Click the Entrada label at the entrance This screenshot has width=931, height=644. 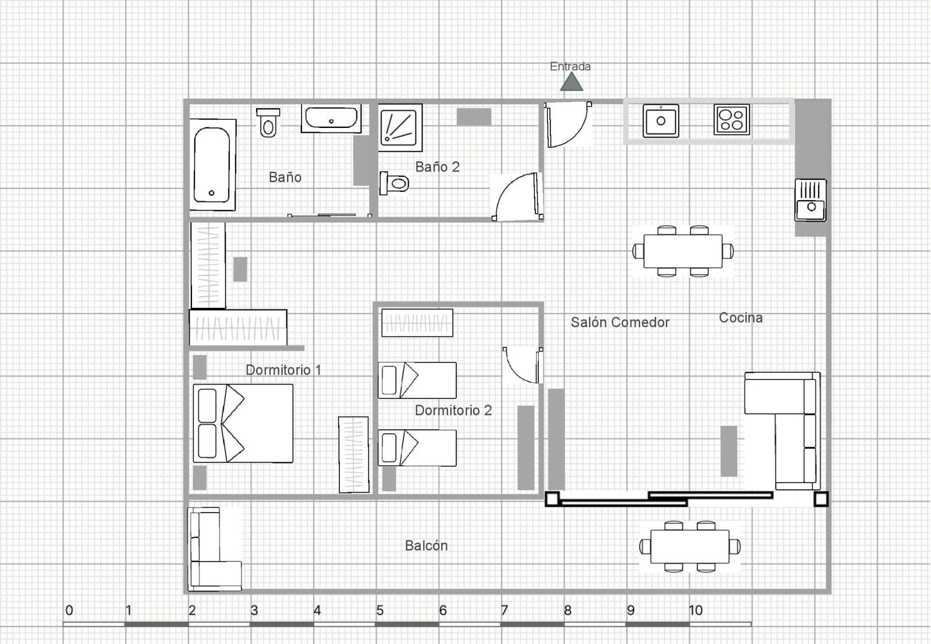(x=570, y=66)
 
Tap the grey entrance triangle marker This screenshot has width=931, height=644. (x=571, y=81)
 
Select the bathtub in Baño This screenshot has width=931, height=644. (x=212, y=165)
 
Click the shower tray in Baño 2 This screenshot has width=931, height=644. (x=400, y=127)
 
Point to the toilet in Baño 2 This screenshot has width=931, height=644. (x=394, y=183)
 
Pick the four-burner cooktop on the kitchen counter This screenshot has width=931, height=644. (x=731, y=120)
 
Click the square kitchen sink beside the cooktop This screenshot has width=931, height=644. (x=661, y=121)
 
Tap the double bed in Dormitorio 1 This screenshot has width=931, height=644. (x=243, y=423)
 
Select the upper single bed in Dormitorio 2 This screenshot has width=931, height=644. (x=417, y=380)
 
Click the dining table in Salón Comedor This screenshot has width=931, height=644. (x=683, y=251)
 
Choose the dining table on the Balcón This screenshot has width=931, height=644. (x=690, y=546)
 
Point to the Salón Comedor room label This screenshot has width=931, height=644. (x=620, y=322)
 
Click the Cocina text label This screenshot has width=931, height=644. (x=741, y=318)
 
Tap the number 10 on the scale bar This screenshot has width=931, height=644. (x=695, y=610)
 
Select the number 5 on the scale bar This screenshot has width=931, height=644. (x=380, y=610)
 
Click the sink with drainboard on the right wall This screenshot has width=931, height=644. (x=811, y=200)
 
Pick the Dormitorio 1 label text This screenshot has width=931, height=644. (x=283, y=370)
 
